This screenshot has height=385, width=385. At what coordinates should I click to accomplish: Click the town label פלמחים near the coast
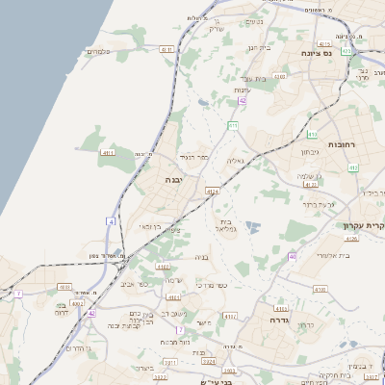click(99, 51)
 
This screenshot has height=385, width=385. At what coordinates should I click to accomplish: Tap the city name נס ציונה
click(316, 53)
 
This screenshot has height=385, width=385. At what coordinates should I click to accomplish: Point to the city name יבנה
click(173, 180)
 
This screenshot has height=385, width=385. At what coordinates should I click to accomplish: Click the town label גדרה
click(281, 320)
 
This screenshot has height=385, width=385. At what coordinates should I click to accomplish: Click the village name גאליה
click(235, 161)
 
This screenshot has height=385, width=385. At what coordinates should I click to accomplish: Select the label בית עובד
click(253, 78)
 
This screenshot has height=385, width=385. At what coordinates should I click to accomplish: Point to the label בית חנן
click(260, 47)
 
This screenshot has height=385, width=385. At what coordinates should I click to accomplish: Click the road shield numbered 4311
click(108, 152)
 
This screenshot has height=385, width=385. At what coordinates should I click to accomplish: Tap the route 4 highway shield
click(112, 222)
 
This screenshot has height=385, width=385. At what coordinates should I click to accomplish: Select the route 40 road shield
click(292, 256)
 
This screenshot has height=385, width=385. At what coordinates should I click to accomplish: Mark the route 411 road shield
click(233, 125)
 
